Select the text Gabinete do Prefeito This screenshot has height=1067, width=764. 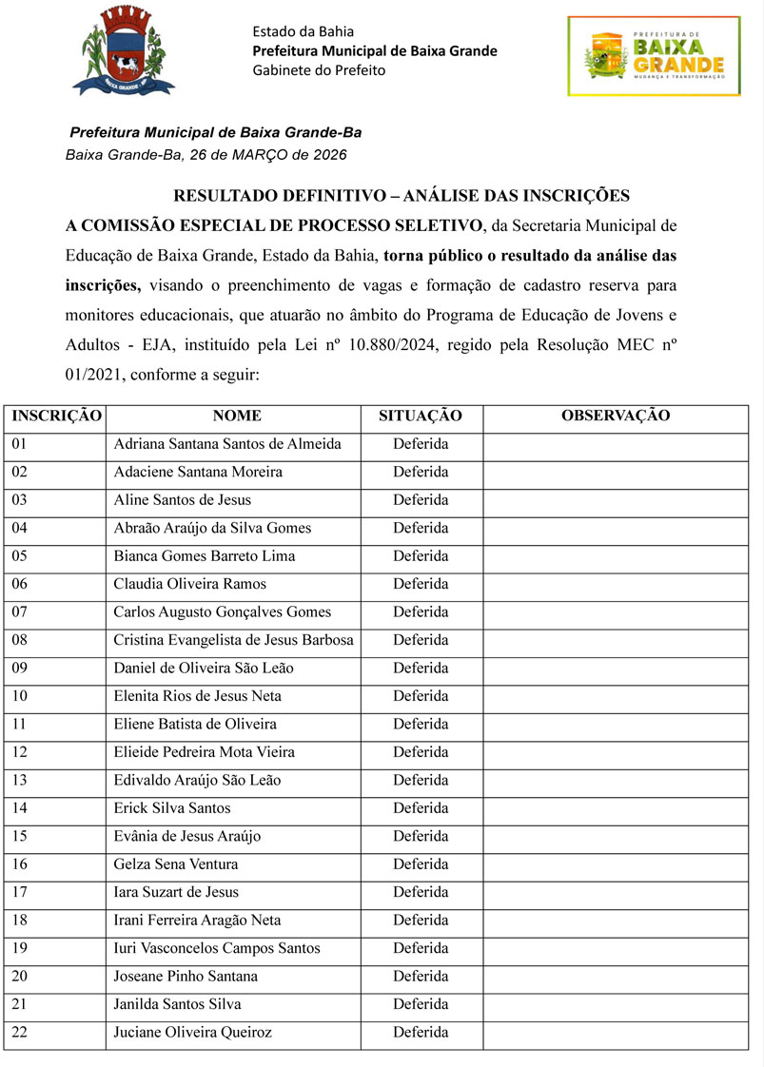click(x=319, y=70)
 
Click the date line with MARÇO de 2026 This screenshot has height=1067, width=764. click(x=206, y=154)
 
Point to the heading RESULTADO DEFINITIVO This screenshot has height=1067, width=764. click(x=401, y=197)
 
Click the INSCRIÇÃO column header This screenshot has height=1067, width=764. click(x=56, y=416)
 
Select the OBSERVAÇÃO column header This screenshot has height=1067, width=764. click(x=616, y=416)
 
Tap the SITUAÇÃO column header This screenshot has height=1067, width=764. click(x=421, y=416)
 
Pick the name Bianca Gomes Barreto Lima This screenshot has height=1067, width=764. click(x=204, y=556)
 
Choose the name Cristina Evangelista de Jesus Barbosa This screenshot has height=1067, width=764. click(x=233, y=640)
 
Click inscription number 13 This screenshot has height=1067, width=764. click(x=20, y=781)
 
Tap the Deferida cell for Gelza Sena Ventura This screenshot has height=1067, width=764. click(x=421, y=864)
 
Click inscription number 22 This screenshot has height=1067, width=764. click(x=20, y=1033)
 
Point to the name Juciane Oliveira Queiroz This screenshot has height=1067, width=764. click(x=192, y=1033)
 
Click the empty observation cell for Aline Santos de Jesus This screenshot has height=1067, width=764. click(x=616, y=500)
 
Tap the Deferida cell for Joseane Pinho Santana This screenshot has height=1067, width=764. click(x=421, y=977)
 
